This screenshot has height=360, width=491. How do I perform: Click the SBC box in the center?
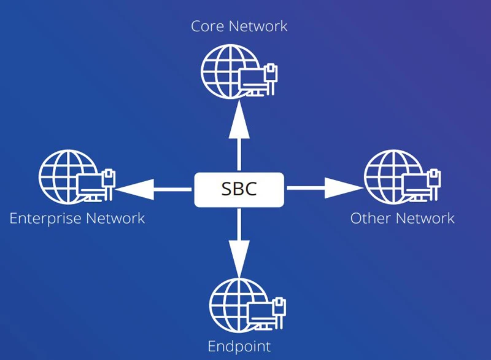tap(239, 189)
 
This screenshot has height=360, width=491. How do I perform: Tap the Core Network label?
tap(239, 26)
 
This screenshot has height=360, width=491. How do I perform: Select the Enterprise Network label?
tap(77, 218)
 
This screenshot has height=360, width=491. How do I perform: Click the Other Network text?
tap(403, 218)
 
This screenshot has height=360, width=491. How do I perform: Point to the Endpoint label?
tap(239, 346)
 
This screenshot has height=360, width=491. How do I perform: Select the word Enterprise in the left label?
tap(45, 218)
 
